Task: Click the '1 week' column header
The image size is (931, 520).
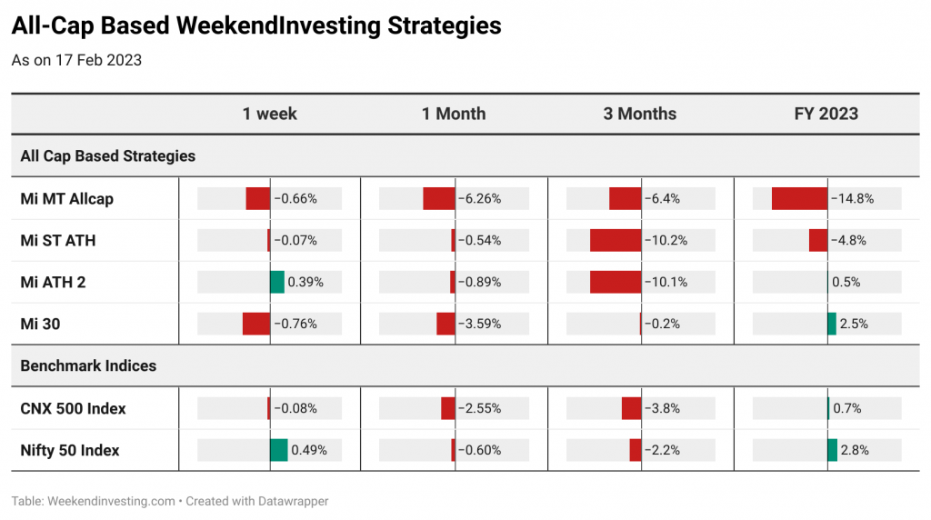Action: tap(269, 114)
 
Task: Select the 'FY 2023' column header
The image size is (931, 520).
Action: tap(826, 114)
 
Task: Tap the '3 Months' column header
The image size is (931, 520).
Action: tap(639, 114)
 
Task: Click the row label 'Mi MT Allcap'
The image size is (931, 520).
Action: tap(66, 199)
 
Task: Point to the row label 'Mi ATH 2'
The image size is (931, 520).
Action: tap(53, 282)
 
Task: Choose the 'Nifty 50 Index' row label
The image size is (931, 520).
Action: tap(69, 451)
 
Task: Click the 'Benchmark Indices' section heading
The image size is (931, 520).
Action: tap(88, 365)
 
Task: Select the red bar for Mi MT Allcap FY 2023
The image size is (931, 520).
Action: tap(799, 199)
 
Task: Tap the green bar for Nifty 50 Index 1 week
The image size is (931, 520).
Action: tap(278, 451)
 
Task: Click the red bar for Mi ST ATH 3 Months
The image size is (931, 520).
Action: tap(616, 240)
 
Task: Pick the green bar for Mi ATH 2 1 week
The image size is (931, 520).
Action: tap(276, 282)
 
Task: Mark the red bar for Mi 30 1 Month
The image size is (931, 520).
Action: tap(445, 325)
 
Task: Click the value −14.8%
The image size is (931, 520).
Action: tap(852, 199)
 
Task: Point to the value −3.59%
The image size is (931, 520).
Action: tap(479, 325)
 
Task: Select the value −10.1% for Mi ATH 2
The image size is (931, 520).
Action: tap(666, 282)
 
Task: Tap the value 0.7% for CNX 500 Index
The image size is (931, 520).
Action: tap(846, 408)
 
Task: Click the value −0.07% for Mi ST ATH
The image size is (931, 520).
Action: tap(295, 240)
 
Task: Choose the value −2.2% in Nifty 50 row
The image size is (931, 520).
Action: tap(662, 451)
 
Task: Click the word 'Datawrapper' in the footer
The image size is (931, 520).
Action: tap(295, 501)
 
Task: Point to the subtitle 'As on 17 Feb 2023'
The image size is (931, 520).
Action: tap(76, 61)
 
